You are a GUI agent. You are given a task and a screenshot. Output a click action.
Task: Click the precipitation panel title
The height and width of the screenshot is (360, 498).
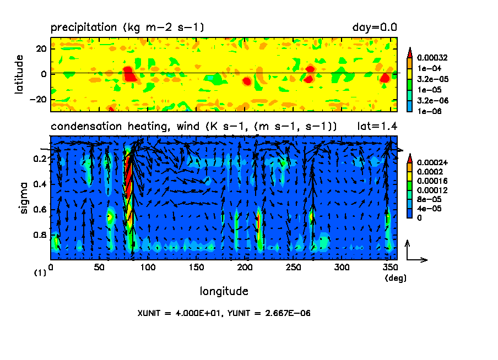[x=128, y=27]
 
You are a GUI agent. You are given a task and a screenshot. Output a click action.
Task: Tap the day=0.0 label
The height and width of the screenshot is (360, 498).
[x=375, y=27]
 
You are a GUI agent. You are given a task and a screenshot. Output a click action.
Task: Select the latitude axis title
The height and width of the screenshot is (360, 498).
[x=19, y=74]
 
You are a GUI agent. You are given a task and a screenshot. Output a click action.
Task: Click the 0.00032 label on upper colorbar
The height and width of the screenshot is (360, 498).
[x=432, y=57]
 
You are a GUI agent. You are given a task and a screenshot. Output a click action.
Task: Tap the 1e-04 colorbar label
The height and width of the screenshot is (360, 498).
[x=429, y=68]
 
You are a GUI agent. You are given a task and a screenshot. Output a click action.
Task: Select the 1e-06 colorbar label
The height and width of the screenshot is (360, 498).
[x=429, y=111]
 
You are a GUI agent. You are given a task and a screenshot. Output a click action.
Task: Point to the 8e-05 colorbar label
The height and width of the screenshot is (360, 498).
[x=429, y=199]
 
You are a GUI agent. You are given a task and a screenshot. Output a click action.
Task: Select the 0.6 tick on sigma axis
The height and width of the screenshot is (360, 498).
[x=40, y=210]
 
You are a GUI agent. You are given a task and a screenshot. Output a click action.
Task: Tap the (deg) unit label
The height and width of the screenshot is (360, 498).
[x=395, y=278]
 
